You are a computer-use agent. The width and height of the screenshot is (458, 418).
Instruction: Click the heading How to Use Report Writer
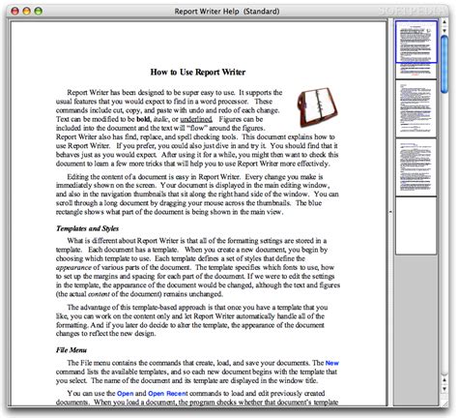tap(210, 71)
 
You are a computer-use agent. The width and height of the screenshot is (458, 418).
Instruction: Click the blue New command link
tap(331, 363)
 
